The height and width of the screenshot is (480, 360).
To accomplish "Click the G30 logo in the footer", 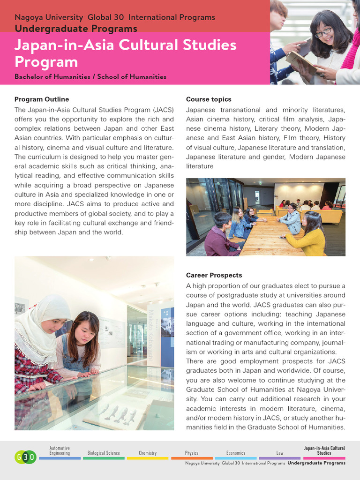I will pos(25,457).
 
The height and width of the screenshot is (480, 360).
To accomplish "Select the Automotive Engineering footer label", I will pos(60,451).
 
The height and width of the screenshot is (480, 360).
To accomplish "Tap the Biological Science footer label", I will pos(104,453).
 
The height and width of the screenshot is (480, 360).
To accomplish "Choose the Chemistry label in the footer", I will pos(148,453).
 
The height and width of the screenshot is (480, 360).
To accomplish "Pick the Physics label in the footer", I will pos(192,453).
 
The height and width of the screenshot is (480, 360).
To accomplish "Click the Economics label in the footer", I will pos(236,453).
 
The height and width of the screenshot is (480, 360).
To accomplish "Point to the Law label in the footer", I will pos(280,453).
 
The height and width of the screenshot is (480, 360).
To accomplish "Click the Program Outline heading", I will pos(42,99).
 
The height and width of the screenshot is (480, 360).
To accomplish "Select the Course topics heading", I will pos(209,99).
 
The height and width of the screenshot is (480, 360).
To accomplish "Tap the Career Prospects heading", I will pos(214,275).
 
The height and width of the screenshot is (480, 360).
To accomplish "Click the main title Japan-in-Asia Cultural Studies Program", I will pos(126,53).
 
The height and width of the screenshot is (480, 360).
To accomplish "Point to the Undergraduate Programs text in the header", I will pos(76,29).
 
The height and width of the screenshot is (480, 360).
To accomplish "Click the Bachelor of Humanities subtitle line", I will pos(90,76).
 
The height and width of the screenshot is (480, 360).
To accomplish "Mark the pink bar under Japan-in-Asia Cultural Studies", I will pos(324,458).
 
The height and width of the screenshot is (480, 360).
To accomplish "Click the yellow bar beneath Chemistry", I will pos(148,458).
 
